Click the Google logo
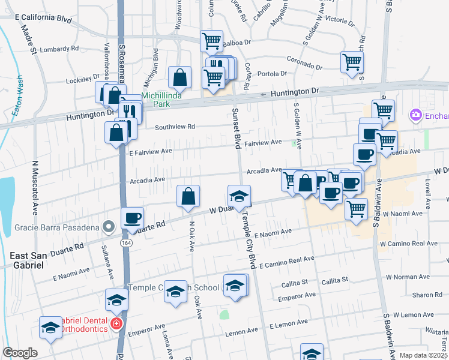[x=20, y=353]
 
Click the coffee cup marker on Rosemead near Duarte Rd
[x=132, y=218]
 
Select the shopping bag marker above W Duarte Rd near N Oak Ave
[x=188, y=196]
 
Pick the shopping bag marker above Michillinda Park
[x=179, y=76]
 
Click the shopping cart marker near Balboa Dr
[x=211, y=41]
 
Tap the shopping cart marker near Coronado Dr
[x=352, y=61]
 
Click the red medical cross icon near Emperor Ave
[x=116, y=325]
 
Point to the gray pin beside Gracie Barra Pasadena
[x=108, y=227]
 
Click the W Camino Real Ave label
[x=408, y=244]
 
